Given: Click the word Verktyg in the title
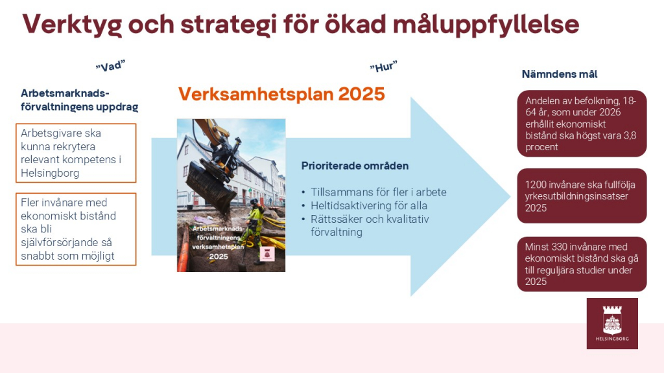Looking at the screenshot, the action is coord(72,25).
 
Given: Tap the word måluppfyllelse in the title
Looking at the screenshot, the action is coord(486,25).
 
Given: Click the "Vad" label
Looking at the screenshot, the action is coord(110,66).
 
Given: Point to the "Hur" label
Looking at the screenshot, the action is coord(384,67).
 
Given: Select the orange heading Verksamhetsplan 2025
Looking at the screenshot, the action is coord(281,94).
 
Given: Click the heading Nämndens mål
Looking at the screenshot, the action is coord(560,74).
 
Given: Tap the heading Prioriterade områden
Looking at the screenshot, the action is coord(355,166).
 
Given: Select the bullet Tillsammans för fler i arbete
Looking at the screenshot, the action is coord(379,192).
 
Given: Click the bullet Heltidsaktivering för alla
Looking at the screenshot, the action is coord(369,206).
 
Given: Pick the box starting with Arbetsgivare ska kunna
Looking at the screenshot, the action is coord(76,153).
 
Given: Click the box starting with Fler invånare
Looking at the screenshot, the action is coord(76,229).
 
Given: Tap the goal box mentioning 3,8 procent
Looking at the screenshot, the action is coord(582,124).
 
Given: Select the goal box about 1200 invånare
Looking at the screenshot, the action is coord(582,196).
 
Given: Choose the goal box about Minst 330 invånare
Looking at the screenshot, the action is coord(582,264).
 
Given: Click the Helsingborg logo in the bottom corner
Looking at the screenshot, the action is coord(612,324).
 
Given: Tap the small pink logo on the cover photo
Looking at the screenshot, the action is coord(267,254).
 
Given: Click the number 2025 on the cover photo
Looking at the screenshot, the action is coord(219,256).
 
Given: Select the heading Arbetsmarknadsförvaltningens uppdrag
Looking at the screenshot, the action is coord(80,100).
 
